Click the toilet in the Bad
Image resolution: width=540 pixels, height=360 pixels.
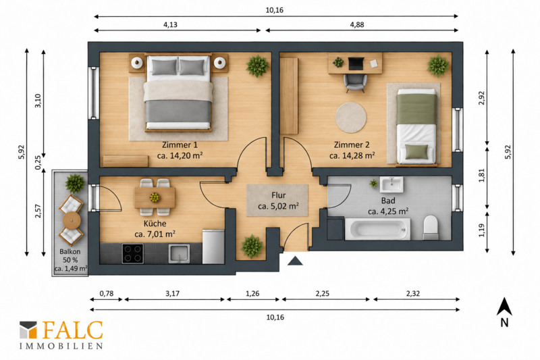coord(431,228)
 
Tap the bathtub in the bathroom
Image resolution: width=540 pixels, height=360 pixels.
coord(377,229)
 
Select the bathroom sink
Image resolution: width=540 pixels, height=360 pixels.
coord(391,184)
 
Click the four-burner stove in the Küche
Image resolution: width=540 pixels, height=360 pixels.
coord(133,253)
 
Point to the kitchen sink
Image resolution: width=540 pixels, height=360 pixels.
coord(179,253)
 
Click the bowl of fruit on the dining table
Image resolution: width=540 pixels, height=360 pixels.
coord(155,197)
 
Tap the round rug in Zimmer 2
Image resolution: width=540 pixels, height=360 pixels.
coord(351,118)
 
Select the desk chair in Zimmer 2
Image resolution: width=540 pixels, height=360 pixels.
coord(355,83)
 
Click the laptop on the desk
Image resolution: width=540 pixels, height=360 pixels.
coord(356,63)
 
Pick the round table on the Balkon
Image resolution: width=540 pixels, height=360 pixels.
coord(72,220)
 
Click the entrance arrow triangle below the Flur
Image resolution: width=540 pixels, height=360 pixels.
coord(295,261)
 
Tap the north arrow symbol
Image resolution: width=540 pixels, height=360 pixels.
coord(504,307)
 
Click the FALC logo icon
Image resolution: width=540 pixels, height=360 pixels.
coord(28,330)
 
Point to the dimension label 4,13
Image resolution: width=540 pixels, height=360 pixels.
coord(170,25)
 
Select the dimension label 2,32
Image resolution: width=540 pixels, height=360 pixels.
coord(413,294)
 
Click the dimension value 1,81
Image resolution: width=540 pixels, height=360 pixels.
coord(482,175)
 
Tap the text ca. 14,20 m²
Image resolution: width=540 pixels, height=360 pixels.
coord(180,155)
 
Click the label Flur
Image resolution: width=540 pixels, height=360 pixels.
coord(278,195)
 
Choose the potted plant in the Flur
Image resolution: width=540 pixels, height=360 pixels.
coord(252,247)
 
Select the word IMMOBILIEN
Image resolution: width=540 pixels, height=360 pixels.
coord(61,346)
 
